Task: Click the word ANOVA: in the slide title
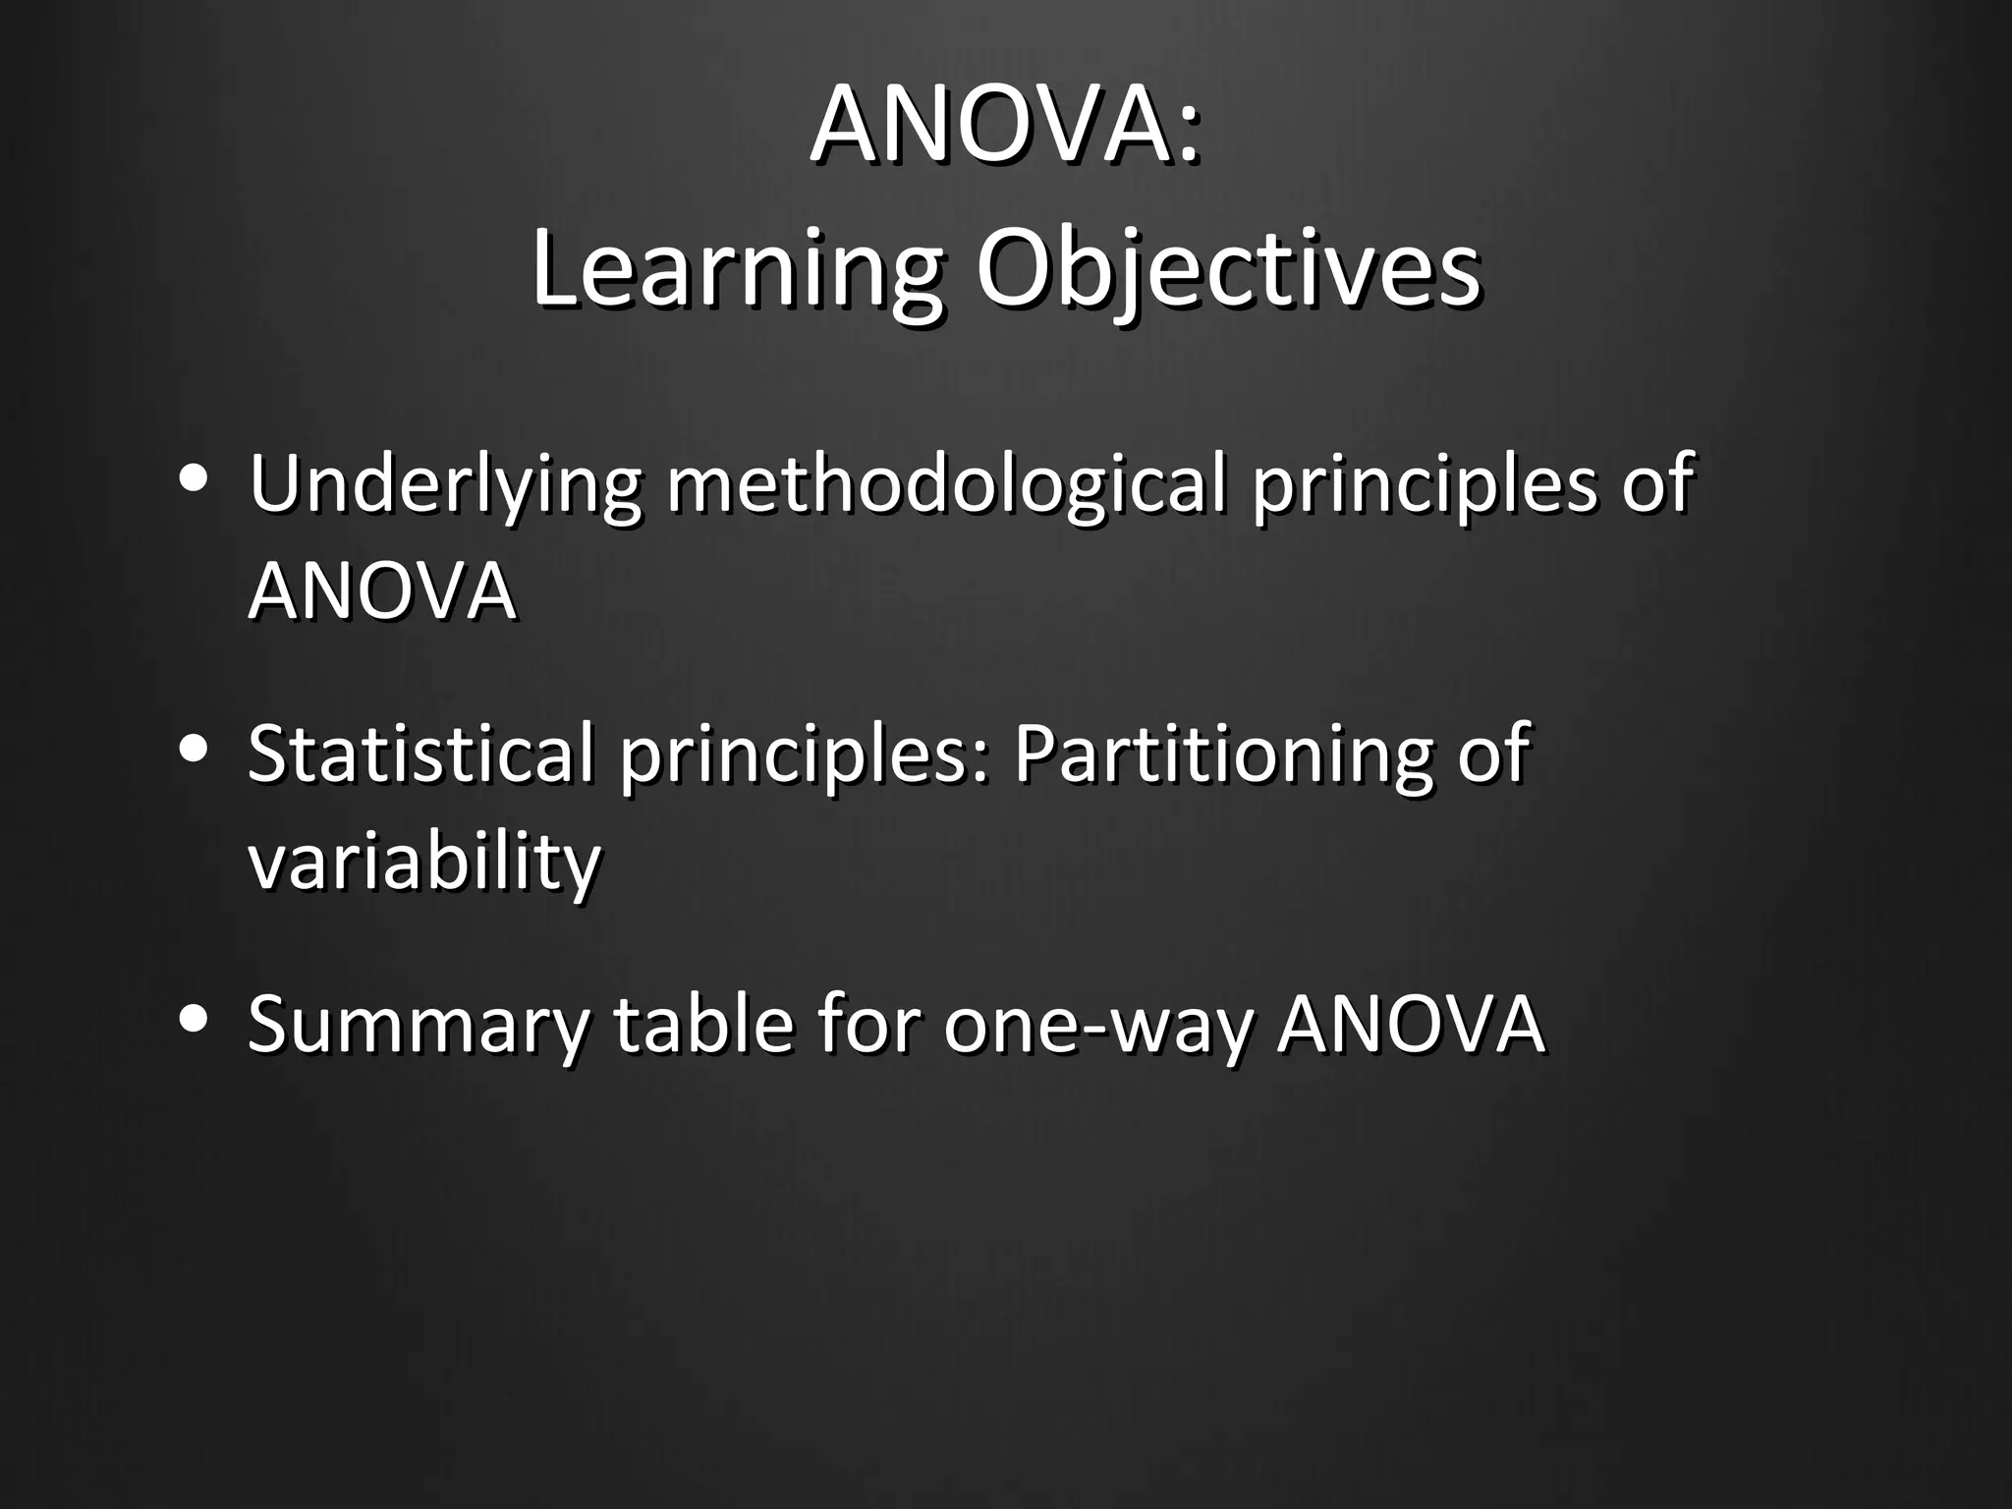(1005, 127)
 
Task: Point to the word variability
(423, 862)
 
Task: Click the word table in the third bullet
(702, 1025)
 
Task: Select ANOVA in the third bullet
(1410, 1025)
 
